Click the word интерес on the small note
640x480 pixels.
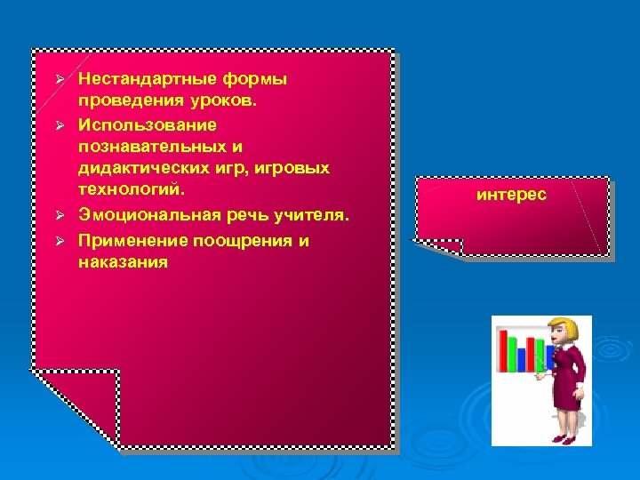click(x=511, y=193)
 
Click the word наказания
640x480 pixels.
click(x=123, y=263)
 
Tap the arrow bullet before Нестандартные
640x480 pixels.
click(x=60, y=80)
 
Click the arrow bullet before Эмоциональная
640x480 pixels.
click(x=60, y=216)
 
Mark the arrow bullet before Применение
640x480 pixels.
click(x=60, y=241)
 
